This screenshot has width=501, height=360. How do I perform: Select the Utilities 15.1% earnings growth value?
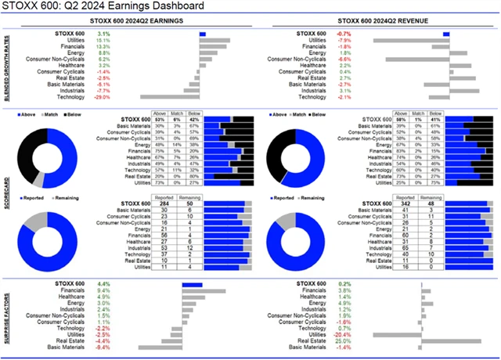pyautogui.click(x=103, y=40)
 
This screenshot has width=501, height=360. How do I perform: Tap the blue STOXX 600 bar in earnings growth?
pyautogui.click(x=203, y=34)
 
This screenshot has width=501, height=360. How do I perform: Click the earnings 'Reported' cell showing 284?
pyautogui.click(x=164, y=204)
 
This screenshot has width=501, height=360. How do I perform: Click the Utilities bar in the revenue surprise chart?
pyautogui.click(x=396, y=334)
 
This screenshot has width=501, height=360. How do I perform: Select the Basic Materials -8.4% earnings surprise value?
pyautogui.click(x=103, y=347)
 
